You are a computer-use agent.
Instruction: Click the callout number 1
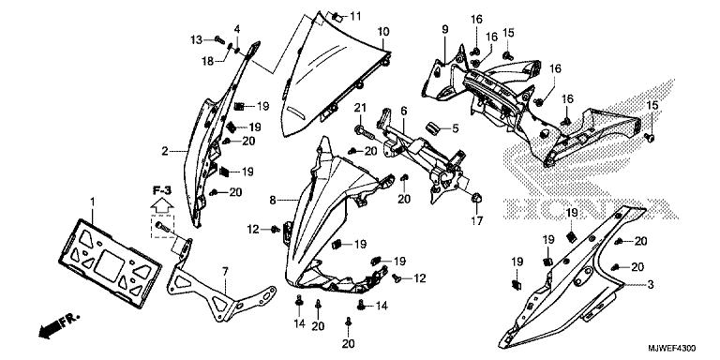92,202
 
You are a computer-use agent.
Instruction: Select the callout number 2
165,151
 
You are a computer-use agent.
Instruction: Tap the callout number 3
651,285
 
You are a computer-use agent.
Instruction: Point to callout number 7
225,271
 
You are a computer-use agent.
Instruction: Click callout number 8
273,201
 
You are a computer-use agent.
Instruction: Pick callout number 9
445,30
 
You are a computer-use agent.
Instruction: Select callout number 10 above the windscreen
383,32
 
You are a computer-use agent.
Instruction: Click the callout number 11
355,17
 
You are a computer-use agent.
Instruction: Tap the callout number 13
197,40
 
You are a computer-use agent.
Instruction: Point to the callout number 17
477,221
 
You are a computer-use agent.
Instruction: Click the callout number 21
360,108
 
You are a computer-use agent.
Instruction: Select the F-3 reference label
161,189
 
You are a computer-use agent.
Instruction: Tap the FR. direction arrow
59,326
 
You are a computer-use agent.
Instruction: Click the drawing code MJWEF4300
672,348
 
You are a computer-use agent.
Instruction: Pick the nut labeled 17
476,199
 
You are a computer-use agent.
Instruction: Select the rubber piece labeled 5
434,127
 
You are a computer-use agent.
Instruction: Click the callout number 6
404,111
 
